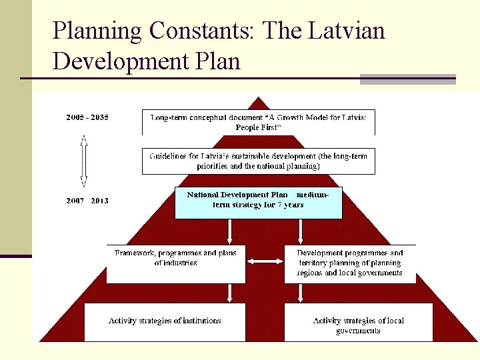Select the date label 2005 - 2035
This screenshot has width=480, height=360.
(87, 117)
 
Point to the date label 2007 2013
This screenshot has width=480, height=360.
(87, 201)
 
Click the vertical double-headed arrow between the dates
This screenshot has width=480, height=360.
(84, 160)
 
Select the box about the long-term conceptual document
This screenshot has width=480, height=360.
(259, 122)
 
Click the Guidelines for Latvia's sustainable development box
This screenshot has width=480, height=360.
(259, 161)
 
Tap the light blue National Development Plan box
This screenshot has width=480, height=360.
(259, 203)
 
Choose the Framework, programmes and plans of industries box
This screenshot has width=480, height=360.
(175, 263)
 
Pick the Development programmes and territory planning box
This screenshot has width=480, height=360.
(350, 263)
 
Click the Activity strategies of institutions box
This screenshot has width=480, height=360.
(165, 321)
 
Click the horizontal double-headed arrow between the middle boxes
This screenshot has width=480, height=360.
(265, 261)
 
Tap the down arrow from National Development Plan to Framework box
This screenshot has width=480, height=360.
(229, 231)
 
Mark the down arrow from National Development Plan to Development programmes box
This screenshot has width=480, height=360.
(301, 231)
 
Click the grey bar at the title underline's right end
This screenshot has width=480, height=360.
(407, 79)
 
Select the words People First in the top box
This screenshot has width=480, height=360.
(259, 127)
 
